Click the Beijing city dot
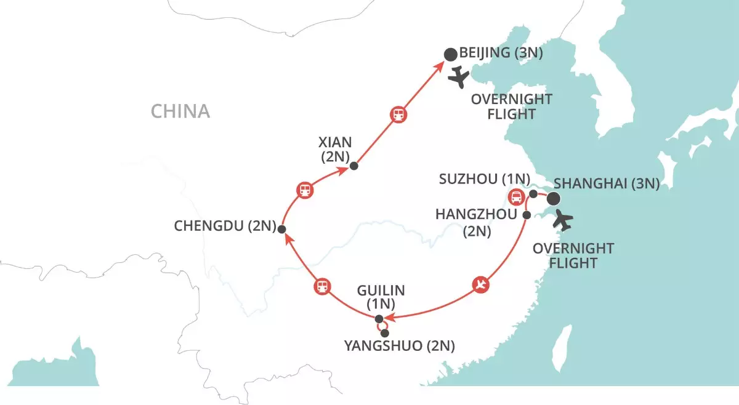point(451,54)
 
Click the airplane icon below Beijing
point(459,78)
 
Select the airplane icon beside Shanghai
point(563,219)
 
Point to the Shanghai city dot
point(554,198)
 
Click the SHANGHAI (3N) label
point(607,183)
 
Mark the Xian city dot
point(353,166)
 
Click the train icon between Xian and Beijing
point(398,114)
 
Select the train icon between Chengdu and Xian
point(305,190)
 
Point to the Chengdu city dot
point(281,229)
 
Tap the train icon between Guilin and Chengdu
point(322,286)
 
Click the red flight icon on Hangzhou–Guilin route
point(482,284)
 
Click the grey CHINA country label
point(180,111)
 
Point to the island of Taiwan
point(560,350)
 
